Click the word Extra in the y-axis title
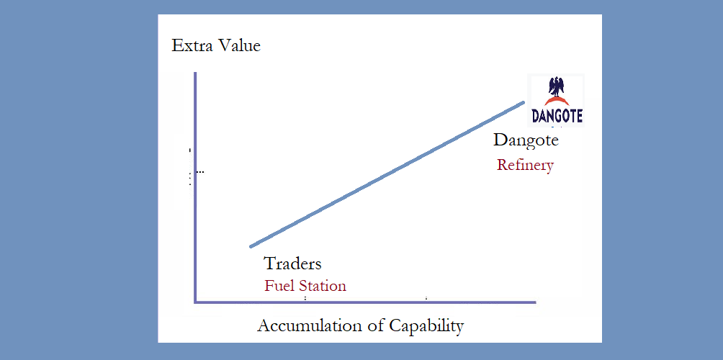tap(189, 45)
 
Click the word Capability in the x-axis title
tap(426, 326)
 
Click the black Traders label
tap(292, 264)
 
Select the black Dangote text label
tap(526, 140)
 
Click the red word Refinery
tap(525, 165)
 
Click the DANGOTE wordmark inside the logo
tap(557, 116)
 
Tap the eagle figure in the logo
tap(557, 87)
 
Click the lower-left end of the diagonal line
tap(251, 246)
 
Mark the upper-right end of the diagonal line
tap(524, 102)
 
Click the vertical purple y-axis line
tap(195, 187)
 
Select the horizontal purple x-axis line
tap(365, 302)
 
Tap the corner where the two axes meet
tap(195, 302)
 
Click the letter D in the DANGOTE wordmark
tap(536, 116)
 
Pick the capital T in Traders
tap(269, 264)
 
